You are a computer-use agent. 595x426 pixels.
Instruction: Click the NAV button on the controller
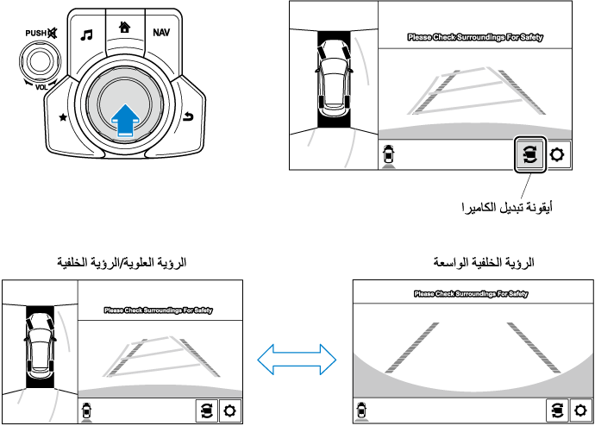coord(161,33)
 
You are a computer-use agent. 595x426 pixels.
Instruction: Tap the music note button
coord(86,35)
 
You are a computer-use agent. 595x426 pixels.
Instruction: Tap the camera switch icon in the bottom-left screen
coord(206,410)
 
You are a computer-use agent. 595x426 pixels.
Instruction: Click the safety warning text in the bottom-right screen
coord(471,294)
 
